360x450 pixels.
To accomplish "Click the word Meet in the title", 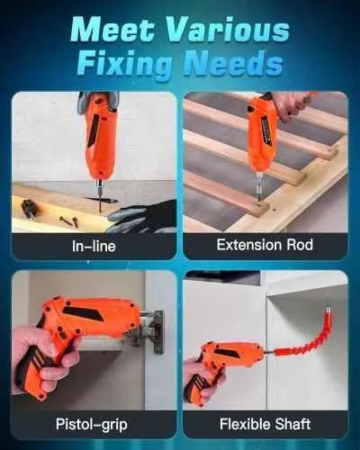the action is (x=112, y=31).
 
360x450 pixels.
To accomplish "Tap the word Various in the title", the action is (x=228, y=31).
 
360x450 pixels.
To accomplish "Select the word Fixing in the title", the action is (x=126, y=65).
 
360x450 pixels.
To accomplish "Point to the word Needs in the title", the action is (x=233, y=63).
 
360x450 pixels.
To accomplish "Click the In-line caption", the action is (x=94, y=246).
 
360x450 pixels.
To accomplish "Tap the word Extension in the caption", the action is (x=249, y=245).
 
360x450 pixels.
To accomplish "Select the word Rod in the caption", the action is (x=300, y=245).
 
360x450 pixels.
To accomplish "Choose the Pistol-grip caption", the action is (x=92, y=425).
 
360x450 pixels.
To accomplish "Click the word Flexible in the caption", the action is (x=245, y=424).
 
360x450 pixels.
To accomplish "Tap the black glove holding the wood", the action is (x=141, y=217).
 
